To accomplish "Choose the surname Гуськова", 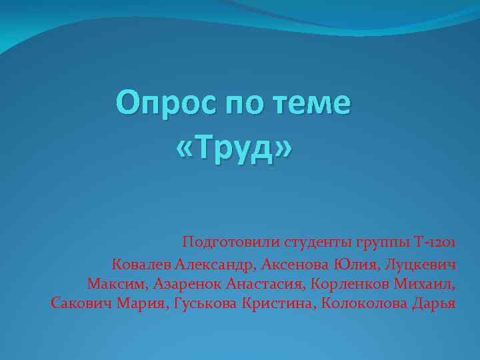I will click(209, 304).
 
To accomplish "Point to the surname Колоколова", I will click(363, 304).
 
